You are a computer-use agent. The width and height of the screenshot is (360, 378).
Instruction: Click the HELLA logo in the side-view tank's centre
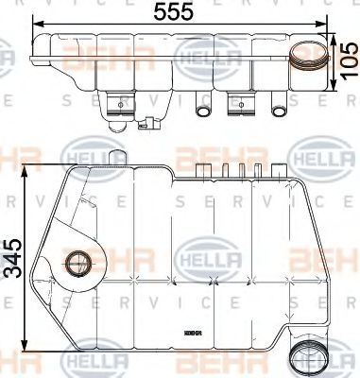200,256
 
